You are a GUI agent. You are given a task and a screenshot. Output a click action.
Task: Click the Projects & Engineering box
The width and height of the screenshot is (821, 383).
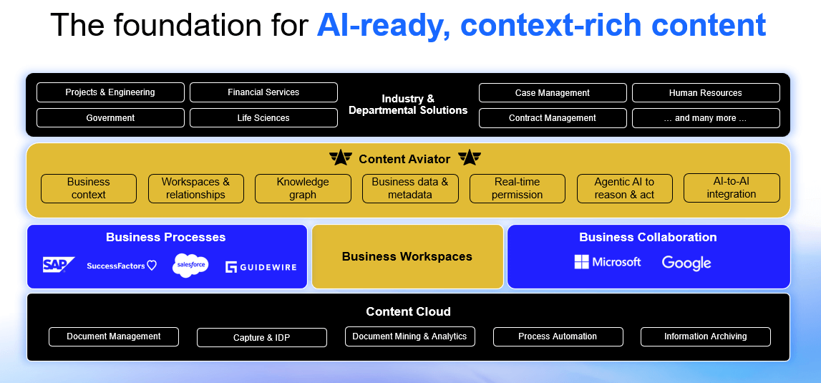pos(110,92)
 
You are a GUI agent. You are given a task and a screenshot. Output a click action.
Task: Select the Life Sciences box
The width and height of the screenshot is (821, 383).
pos(263,118)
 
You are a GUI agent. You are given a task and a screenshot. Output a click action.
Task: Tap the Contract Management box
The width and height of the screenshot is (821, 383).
pos(552,118)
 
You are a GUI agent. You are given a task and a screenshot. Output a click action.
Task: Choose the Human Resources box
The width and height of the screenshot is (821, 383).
pos(705,93)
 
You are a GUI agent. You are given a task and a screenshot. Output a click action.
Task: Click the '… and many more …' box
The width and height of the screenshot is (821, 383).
pos(705,118)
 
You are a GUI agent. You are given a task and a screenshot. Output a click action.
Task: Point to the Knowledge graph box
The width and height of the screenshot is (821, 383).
pos(303,188)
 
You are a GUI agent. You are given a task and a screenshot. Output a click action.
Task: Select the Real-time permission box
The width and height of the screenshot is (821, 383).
pos(517,188)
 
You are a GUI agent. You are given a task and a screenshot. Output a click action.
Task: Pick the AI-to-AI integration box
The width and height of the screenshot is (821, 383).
pos(731,188)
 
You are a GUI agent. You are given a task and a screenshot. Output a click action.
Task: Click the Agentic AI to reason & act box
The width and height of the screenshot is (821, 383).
pos(624,188)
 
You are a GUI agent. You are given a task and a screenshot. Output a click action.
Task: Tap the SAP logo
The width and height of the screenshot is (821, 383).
pos(58,265)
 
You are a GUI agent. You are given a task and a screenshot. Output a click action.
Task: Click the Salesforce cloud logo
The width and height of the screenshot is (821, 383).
pos(190,266)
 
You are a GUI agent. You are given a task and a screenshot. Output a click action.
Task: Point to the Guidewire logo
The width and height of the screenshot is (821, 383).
pos(261,267)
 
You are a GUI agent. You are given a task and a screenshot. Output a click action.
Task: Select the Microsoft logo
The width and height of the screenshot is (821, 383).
pos(608,262)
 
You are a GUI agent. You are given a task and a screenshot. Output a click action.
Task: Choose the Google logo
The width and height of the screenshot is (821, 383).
pos(686,263)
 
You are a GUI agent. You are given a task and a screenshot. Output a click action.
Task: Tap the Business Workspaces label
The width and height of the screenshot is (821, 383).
pos(407,256)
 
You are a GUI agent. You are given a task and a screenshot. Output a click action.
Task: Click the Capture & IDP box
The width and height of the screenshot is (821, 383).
pos(261,338)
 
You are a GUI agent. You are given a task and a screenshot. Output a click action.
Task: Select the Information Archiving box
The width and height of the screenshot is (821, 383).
pos(705,336)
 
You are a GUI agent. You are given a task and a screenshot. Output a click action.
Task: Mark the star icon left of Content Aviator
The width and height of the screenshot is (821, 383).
pos(341,157)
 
